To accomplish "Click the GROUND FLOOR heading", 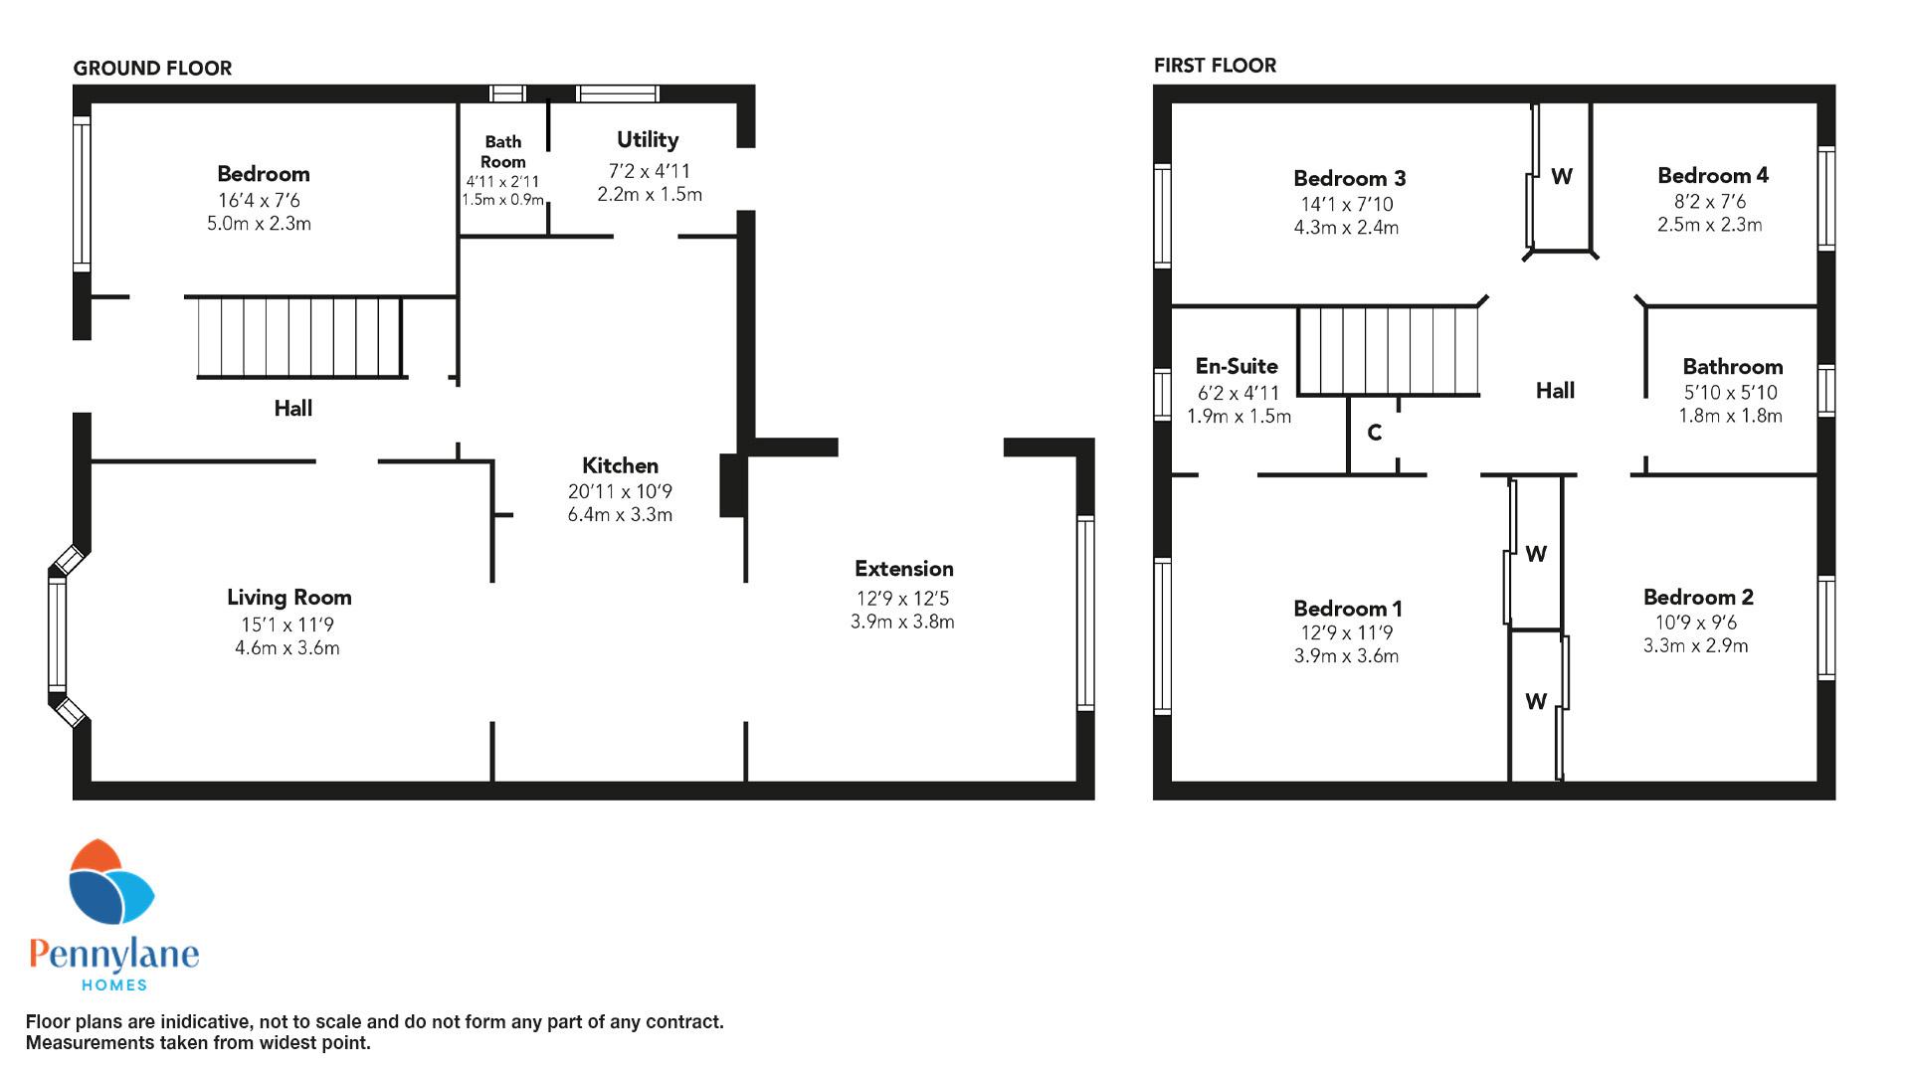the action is [152, 68].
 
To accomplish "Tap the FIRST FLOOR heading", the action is [1215, 66].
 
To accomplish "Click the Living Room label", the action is [288, 597].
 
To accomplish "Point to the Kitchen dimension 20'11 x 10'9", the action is [620, 491].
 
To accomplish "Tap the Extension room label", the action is [903, 569].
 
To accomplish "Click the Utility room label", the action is [648, 140].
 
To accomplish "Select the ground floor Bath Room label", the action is [503, 151].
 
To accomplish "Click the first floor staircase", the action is [1389, 351].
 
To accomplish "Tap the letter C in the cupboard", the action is [1374, 433].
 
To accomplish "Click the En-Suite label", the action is [1237, 366].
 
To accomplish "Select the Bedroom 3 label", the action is [1349, 179].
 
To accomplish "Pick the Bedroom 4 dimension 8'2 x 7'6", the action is [1709, 202].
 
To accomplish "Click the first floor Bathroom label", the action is [1732, 367].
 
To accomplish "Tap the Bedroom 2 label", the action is [1698, 597].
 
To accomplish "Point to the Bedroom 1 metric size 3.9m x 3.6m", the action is [1346, 656].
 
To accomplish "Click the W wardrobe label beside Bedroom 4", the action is [1562, 177].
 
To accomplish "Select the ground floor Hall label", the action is [293, 408].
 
